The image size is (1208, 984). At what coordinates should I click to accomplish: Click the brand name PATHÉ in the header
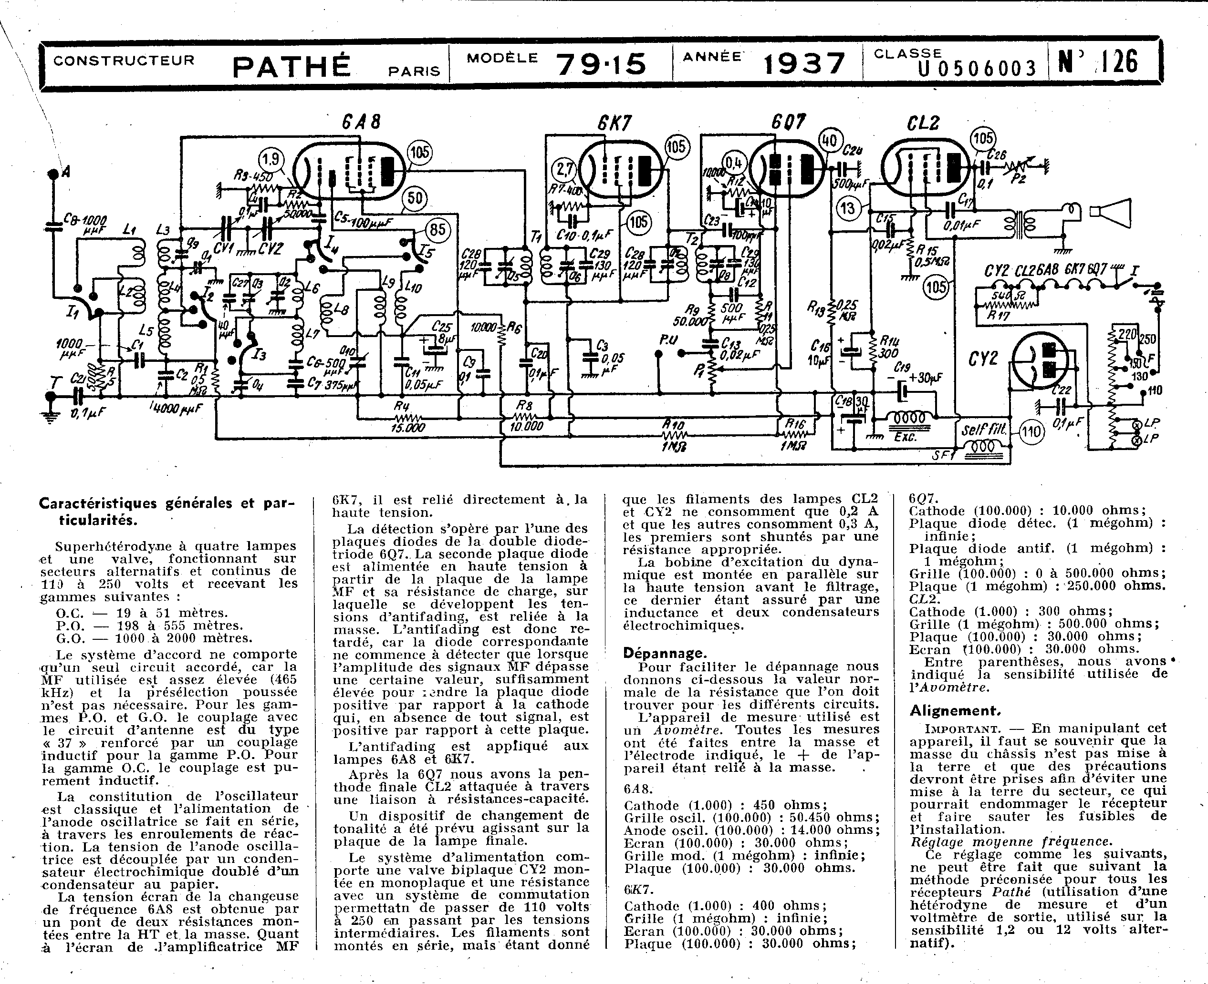click(292, 66)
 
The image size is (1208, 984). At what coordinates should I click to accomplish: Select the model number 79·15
click(601, 64)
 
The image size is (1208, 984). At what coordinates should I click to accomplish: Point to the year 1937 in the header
click(804, 64)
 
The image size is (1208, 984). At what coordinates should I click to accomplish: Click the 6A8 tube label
click(361, 122)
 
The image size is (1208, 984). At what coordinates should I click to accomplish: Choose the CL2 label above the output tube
click(923, 123)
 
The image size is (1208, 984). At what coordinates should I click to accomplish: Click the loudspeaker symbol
click(1111, 213)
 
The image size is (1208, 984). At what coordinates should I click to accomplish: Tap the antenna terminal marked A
click(54, 173)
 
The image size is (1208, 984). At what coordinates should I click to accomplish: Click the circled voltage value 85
click(437, 230)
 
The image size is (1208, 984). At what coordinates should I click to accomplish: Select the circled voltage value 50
click(416, 198)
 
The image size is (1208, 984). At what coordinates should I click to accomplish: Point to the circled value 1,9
click(271, 159)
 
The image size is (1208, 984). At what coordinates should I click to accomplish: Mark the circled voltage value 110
click(1031, 432)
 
